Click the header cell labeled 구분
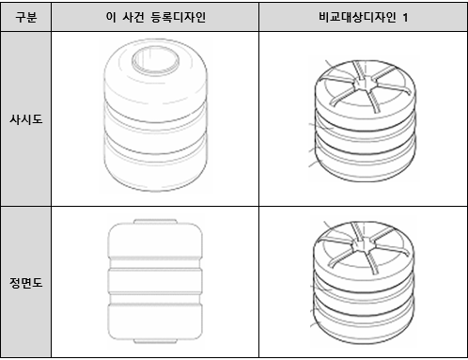click(x=26, y=17)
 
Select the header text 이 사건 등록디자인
click(x=156, y=17)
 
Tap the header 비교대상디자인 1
click(x=364, y=17)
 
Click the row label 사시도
click(x=26, y=119)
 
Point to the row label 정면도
click(x=26, y=283)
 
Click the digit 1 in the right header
click(x=405, y=18)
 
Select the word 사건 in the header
click(x=133, y=17)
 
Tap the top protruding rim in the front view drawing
click(x=155, y=222)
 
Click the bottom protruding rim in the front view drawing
click(x=155, y=341)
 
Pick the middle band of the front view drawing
click(x=155, y=281)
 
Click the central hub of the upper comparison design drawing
click(x=363, y=83)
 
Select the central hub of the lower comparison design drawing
click(x=362, y=244)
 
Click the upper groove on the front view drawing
click(x=155, y=263)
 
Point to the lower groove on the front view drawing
click(x=155, y=299)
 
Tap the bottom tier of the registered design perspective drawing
click(x=155, y=167)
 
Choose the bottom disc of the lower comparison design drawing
click(x=364, y=322)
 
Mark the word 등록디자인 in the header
click(x=179, y=17)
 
